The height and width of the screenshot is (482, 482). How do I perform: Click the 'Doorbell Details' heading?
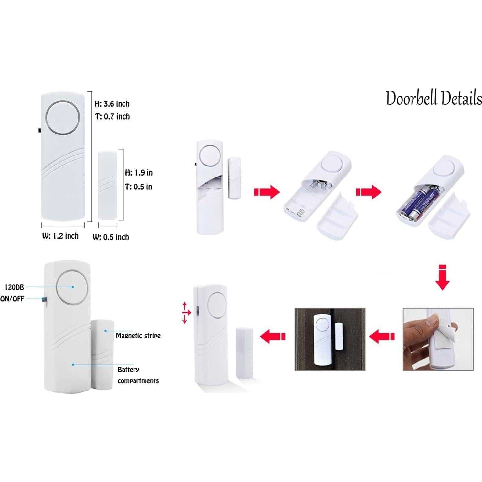pos(434,98)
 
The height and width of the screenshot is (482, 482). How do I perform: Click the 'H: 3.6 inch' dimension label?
pos(112,104)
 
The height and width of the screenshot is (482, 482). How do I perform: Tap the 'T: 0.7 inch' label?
pos(112,116)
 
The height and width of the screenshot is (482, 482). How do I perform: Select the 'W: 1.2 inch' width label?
pos(60,236)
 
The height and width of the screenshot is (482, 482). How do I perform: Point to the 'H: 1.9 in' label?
pos(139,173)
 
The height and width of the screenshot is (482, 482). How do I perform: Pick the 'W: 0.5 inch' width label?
pos(111,237)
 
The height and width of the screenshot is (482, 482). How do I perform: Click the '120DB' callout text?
pos(14,287)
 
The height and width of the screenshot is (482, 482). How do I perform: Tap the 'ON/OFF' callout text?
pos(12,299)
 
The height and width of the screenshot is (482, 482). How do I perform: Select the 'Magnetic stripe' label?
pos(138,336)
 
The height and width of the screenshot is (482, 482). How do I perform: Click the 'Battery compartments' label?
pos(138,375)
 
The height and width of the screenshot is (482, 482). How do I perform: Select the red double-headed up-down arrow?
pos(185,313)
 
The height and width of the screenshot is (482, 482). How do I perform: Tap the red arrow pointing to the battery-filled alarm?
pos(369,192)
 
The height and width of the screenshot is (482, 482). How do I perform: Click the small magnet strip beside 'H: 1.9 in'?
pos(108,185)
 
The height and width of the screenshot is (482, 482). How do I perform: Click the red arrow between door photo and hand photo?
pos(382,337)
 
